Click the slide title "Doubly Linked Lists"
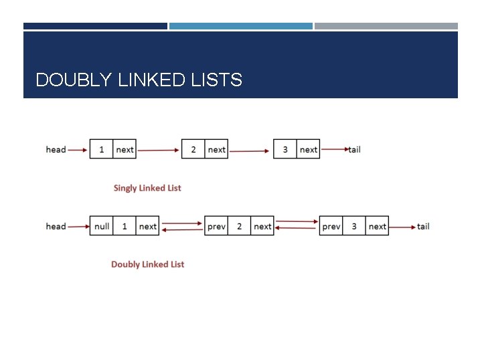(139, 80)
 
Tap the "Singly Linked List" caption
(147, 188)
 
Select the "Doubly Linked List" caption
(147, 264)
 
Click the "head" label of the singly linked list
(56, 150)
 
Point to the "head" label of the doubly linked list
(56, 226)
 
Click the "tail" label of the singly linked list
(355, 150)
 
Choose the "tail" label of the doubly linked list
(423, 226)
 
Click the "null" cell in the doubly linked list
(102, 226)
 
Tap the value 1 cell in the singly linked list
(102, 150)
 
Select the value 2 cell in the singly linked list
(193, 150)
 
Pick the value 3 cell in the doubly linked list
(354, 226)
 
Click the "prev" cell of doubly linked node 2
(216, 226)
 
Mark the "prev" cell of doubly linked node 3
(331, 226)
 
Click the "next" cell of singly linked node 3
(309, 150)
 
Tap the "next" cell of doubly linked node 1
(148, 226)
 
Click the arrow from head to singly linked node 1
(78, 150)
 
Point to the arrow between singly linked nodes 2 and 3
(250, 150)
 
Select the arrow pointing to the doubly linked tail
(402, 227)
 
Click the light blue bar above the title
(240, 26)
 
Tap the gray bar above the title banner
(386, 26)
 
